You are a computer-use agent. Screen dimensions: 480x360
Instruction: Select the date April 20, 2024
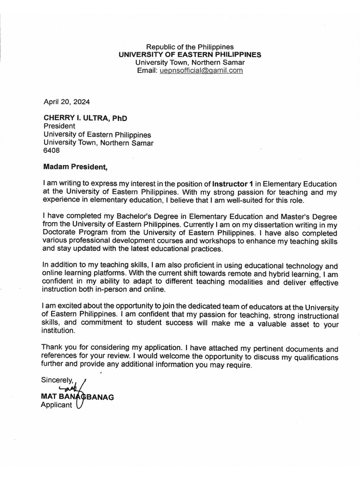67,101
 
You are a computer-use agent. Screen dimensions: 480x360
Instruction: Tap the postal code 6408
52,151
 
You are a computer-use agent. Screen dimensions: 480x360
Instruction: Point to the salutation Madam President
75,166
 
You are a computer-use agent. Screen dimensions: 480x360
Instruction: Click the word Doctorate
61,232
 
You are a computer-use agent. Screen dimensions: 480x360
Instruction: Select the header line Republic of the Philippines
190,47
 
